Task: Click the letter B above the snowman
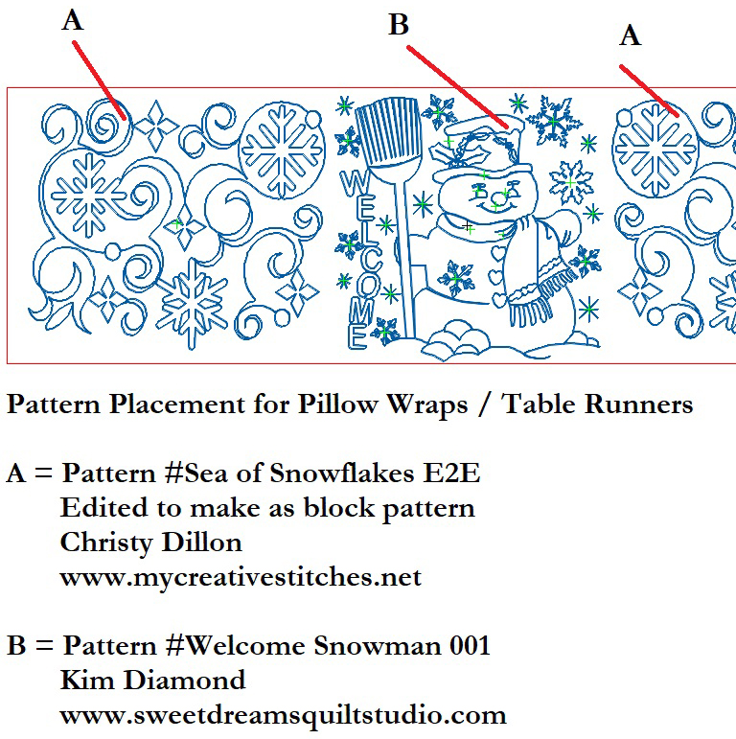[x=399, y=25]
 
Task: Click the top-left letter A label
[x=73, y=20]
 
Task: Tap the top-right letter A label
[x=630, y=35]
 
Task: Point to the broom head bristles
[x=375, y=133]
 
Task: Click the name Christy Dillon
[x=150, y=542]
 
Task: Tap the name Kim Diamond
[x=152, y=680]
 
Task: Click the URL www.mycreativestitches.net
[x=240, y=577]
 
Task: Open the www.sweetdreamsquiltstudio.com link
[x=283, y=714]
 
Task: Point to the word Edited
[x=96, y=507]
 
